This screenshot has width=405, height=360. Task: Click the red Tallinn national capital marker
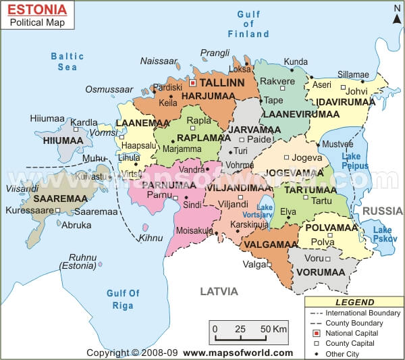(x=193, y=84)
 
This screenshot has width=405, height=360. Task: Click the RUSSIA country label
(x=382, y=211)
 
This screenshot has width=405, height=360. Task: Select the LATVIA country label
(x=219, y=291)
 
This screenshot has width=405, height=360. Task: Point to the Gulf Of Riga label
(x=124, y=299)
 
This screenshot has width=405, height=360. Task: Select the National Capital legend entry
(x=352, y=333)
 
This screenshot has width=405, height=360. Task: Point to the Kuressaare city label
(x=27, y=211)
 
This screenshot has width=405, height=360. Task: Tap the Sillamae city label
(x=353, y=75)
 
